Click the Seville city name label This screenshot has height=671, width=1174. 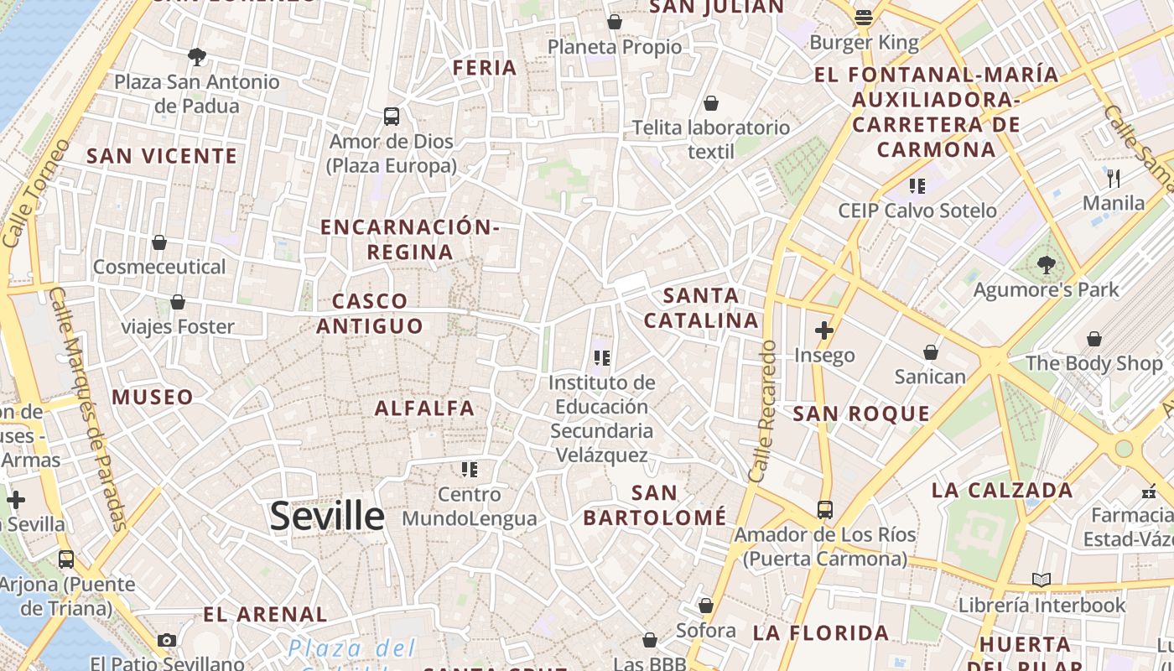tap(327, 516)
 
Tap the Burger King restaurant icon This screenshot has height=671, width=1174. tap(864, 17)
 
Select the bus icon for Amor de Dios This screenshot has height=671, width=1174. tap(392, 117)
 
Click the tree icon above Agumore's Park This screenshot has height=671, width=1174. tap(1046, 265)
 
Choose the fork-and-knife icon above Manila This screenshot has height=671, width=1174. tap(1114, 178)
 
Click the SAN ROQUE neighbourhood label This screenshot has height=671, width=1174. tap(861, 414)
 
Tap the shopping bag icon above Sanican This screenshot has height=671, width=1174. tap(930, 352)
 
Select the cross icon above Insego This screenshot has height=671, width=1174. tap(824, 330)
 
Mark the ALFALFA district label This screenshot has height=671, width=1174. tap(424, 408)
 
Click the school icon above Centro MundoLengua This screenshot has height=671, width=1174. tap(469, 470)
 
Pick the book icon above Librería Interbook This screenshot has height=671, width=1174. tap(1042, 580)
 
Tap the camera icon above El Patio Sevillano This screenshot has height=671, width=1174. tap(167, 641)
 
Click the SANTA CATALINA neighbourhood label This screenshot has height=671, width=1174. tap(701, 308)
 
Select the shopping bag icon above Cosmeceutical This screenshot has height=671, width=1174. tap(159, 242)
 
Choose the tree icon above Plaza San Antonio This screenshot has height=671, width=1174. tap(197, 57)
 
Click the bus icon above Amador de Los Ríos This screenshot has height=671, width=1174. tap(825, 509)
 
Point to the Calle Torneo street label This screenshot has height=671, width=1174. tap(36, 193)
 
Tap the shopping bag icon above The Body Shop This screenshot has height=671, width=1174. tap(1094, 339)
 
